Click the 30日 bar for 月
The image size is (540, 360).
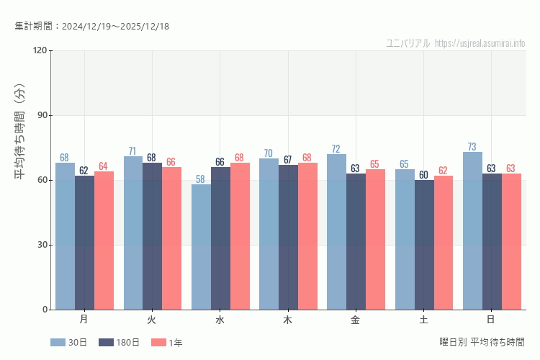tap(65, 236)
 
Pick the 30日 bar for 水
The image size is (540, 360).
tap(201, 247)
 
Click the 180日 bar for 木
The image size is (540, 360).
tap(288, 237)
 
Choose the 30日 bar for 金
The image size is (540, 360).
tap(336, 232)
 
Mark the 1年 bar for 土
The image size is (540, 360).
tap(444, 243)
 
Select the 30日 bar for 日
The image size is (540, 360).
tap(472, 230)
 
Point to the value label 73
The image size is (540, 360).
tap(472, 147)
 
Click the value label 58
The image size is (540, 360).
tap(201, 179)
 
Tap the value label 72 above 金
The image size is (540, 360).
tap(336, 149)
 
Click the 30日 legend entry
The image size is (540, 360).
tap(69, 343)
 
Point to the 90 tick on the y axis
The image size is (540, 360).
tap(42, 115)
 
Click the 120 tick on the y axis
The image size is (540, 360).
tap(40, 50)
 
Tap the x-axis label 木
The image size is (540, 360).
tap(288, 319)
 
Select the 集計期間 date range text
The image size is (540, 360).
tap(91, 27)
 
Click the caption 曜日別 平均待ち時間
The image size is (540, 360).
tap(482, 341)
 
